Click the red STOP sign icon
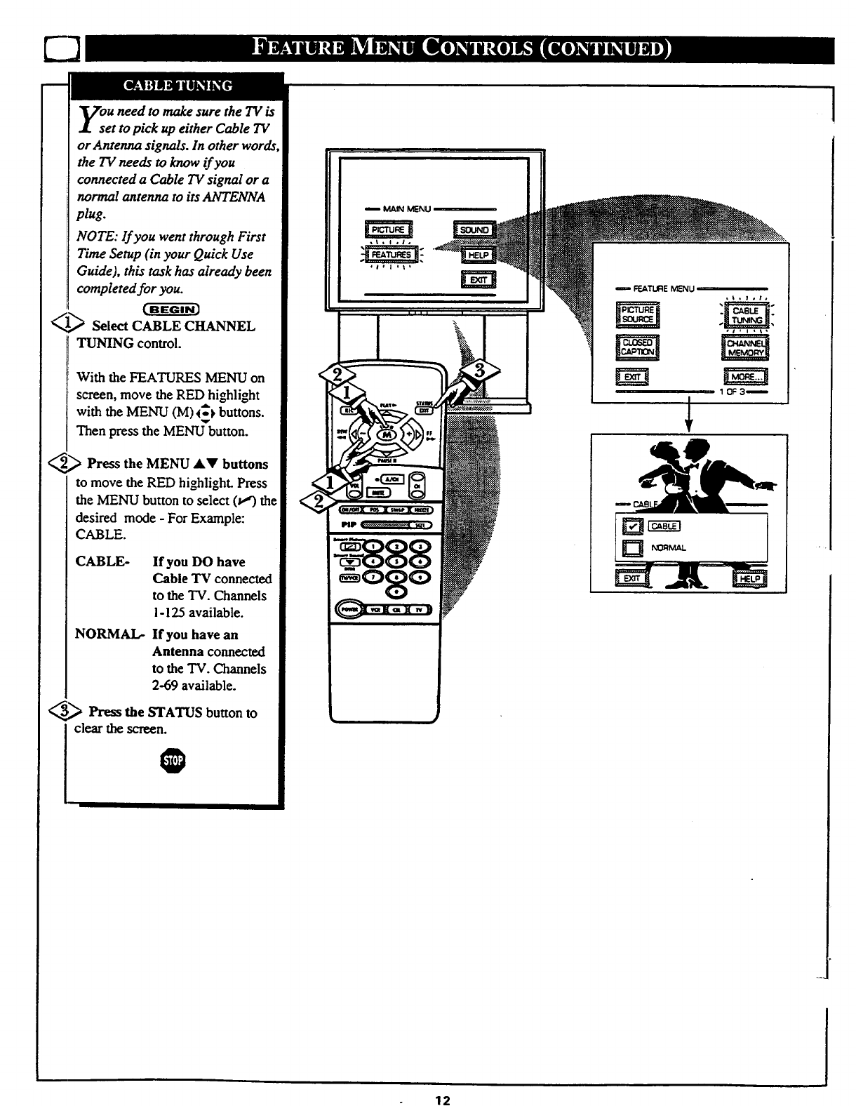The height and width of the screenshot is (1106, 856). (173, 762)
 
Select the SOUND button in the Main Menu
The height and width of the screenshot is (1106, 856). (475, 229)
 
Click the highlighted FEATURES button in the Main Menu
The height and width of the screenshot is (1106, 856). (393, 255)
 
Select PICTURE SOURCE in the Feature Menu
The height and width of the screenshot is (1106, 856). (637, 315)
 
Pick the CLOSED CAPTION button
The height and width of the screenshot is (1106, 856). (637, 347)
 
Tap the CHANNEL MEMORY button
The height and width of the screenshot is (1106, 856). (746, 347)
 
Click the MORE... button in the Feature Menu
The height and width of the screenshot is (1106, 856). (745, 377)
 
